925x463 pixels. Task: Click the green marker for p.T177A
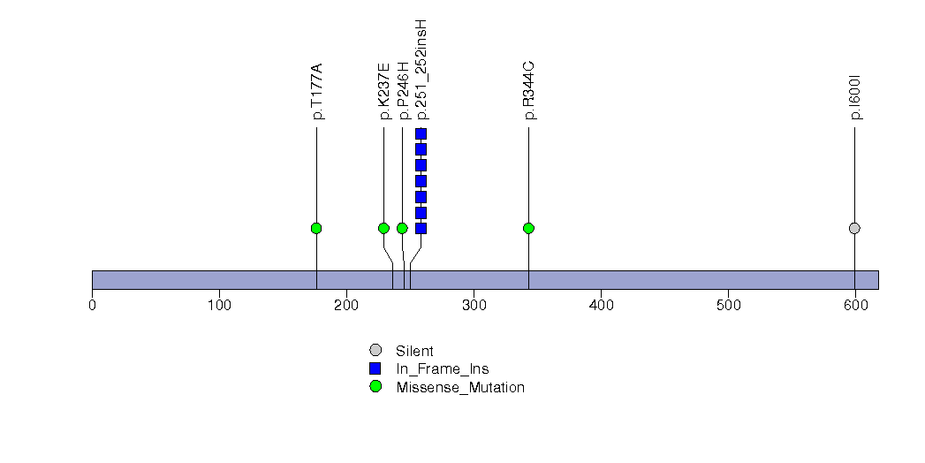[316, 228]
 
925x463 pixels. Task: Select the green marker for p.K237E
[383, 228]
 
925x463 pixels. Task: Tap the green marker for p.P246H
[402, 228]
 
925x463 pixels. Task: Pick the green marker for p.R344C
[528, 228]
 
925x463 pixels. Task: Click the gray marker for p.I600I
[854, 228]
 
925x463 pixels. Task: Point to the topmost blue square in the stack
[421, 134]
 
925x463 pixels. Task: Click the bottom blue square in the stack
[421, 228]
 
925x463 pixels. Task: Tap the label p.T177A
[317, 91]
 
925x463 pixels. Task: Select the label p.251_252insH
[421, 70]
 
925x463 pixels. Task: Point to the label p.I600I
[855, 97]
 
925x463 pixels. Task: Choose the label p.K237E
[384, 91]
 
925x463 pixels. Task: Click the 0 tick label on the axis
[92, 305]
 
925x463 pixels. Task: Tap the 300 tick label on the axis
[474, 305]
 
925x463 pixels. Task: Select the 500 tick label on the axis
[728, 305]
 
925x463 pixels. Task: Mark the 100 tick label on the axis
[219, 305]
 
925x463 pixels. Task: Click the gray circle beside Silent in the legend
[375, 351]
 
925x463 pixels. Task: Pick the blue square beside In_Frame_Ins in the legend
[375, 368]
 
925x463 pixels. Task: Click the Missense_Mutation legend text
[460, 388]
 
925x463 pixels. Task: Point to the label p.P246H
[403, 90]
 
